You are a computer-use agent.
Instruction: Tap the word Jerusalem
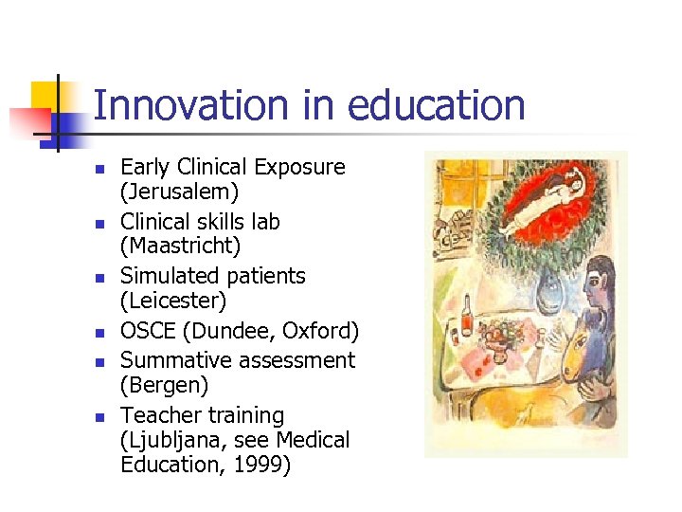[180, 192]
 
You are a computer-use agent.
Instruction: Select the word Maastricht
[181, 247]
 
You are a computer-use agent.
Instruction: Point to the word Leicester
[174, 302]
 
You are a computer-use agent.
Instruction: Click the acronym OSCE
[150, 331]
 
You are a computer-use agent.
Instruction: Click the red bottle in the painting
[466, 318]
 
